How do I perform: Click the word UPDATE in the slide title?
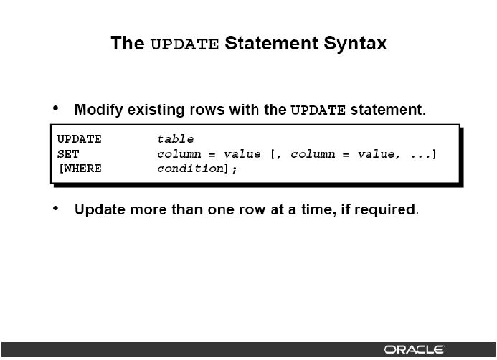(184, 44)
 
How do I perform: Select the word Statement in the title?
(271, 43)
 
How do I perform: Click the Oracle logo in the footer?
(415, 349)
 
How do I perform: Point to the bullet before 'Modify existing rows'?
(56, 108)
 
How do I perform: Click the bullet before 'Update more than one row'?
(56, 208)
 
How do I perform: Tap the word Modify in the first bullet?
(98, 110)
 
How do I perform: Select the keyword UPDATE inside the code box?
(79, 139)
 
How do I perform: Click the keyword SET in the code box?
(68, 154)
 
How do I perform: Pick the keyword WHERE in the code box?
(82, 169)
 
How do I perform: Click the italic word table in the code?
(175, 139)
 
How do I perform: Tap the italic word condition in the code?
(191, 169)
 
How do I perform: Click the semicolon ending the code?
(235, 169)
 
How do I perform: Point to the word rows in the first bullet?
(207, 110)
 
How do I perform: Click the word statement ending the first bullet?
(388, 110)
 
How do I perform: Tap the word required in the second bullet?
(384, 210)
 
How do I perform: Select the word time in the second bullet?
(318, 209)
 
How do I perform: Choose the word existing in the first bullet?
(156, 110)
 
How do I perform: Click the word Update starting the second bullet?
(100, 210)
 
